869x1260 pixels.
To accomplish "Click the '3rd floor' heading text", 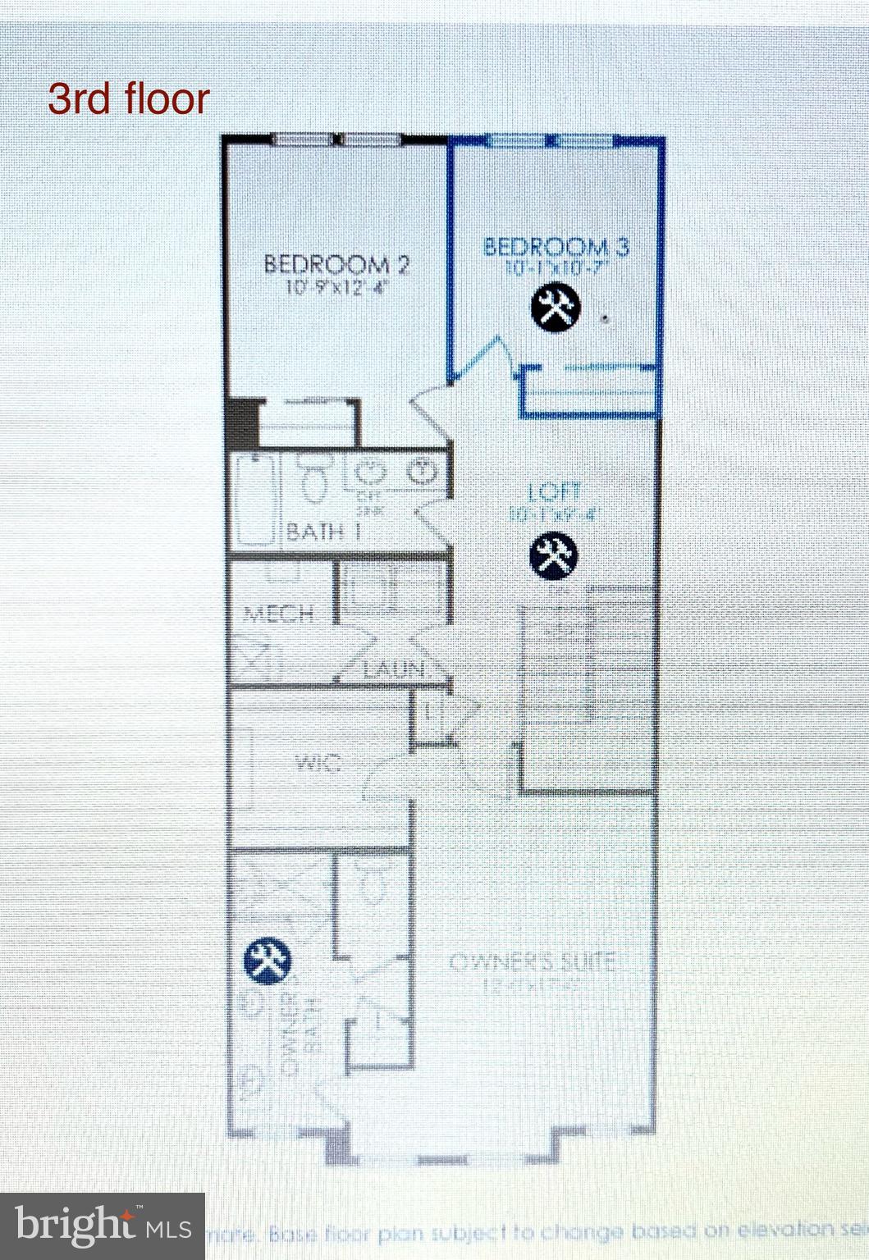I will (129, 99).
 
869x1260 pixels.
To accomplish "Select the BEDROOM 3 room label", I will (556, 246).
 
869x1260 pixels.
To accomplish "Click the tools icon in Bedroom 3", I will (556, 308).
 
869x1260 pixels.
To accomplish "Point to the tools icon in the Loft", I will (553, 555).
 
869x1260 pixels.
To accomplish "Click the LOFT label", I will (555, 492).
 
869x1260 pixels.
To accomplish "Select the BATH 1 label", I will (322, 531).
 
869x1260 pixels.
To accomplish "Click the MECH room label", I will (278, 613).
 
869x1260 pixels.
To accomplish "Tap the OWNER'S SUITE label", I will (531, 961).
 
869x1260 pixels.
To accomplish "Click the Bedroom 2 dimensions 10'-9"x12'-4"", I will (336, 288).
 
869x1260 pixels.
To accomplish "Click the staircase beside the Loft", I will (588, 689).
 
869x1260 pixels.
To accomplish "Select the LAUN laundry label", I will (397, 669).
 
